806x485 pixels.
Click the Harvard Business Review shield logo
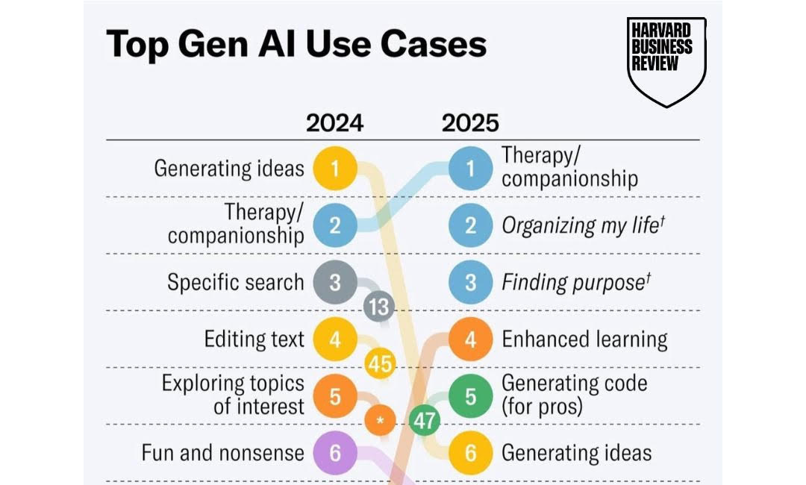[x=666, y=61]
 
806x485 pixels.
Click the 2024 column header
[x=334, y=122]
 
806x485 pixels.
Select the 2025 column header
[x=470, y=122]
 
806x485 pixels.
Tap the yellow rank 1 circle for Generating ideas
[x=334, y=169]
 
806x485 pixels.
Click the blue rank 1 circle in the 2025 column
[x=470, y=169]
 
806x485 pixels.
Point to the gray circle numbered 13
[x=379, y=306]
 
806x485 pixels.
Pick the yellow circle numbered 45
[x=380, y=363]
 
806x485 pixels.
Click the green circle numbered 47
[x=425, y=420]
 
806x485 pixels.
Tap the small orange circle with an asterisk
[x=380, y=420]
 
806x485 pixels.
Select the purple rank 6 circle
[x=334, y=453]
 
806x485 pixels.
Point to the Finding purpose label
[x=572, y=283]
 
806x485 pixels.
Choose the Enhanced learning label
[x=584, y=339]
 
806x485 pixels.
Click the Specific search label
[x=236, y=283]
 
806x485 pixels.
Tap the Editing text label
[x=254, y=339]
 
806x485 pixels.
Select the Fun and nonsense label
[x=223, y=453]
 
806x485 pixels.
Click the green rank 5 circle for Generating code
[x=470, y=396]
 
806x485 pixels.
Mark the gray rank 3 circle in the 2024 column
[x=334, y=283]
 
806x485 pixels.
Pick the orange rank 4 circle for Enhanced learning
[x=470, y=339]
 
